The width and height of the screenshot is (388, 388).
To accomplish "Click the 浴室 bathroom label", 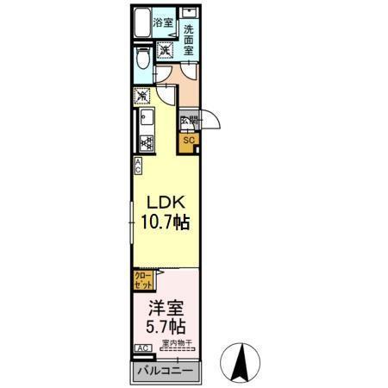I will coord(164,23).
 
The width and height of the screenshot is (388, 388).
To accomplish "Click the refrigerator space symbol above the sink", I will coord(142,96).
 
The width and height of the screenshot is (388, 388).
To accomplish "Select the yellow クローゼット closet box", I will coord(143,278).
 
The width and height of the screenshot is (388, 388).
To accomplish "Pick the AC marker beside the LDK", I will coord(138,166).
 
